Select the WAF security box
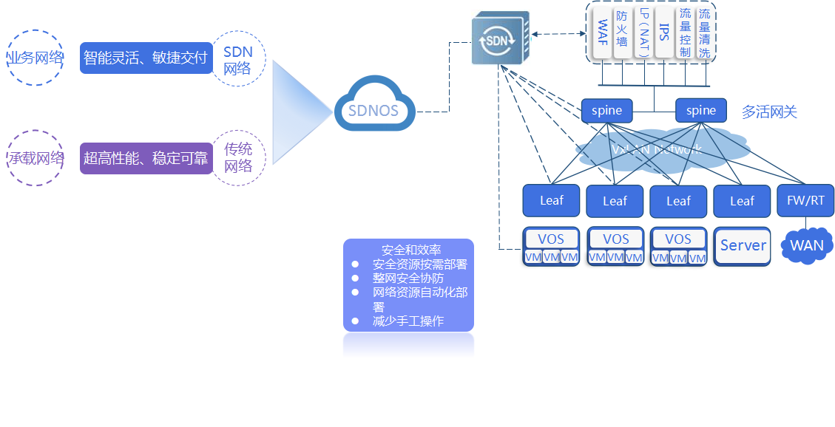pos(603,33)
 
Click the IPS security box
pos(664,33)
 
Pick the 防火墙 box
pos(623,33)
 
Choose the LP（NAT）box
pos(644,33)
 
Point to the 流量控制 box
pos(685,33)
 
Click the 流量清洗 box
pos(705,33)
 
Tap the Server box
pos(743,246)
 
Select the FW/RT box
pos(805,200)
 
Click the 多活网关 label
pos(769,112)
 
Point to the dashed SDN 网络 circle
pos(237,59)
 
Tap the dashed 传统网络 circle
pos(237,158)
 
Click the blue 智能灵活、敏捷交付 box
pos(146,58)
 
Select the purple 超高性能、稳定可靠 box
pos(146,158)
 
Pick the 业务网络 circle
pos(34,58)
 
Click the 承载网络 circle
pos(34,158)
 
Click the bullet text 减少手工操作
pos(408,321)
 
